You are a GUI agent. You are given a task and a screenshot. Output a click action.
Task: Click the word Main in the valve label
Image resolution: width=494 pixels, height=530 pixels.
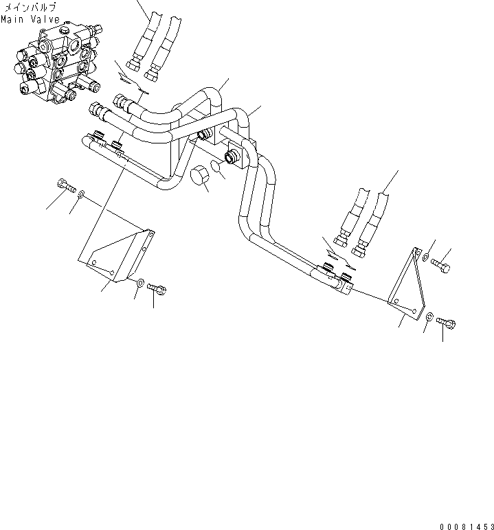tap(12, 19)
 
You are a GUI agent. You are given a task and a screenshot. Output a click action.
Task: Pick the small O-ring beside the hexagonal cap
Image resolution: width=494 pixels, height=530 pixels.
tap(216, 168)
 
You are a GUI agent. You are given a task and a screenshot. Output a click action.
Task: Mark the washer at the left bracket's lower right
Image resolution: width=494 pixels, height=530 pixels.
tap(140, 282)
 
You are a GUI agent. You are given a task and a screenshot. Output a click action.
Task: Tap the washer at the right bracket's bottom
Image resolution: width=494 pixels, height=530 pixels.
tap(430, 316)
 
